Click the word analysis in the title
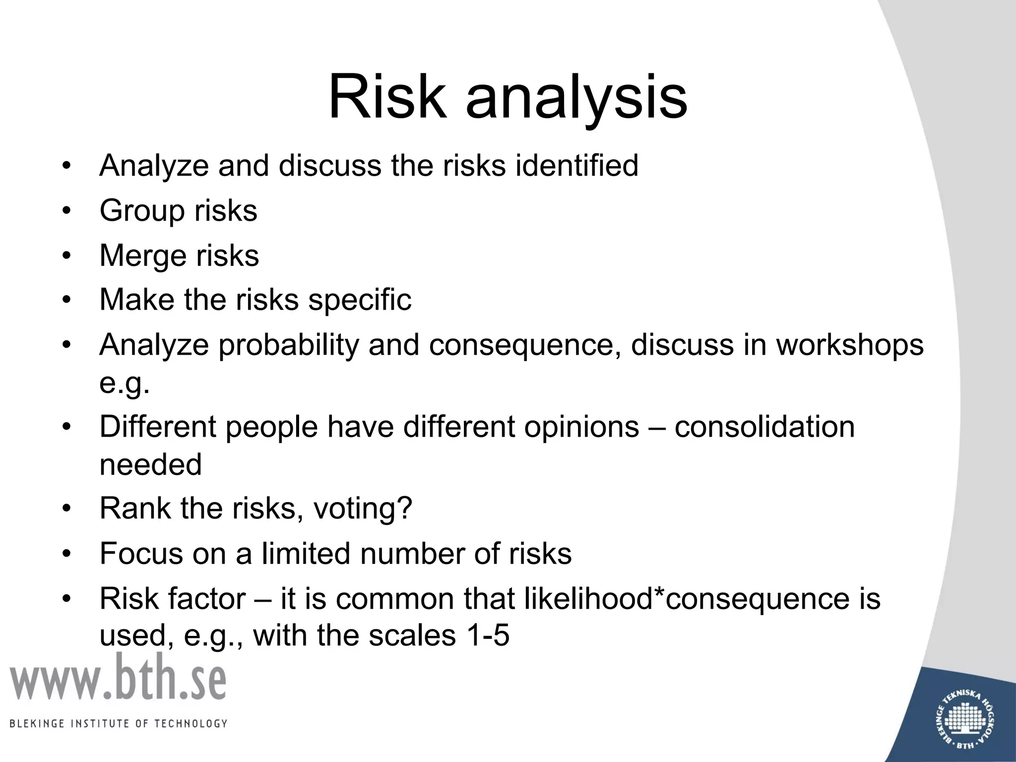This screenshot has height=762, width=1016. point(576,99)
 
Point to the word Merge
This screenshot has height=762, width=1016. point(143,256)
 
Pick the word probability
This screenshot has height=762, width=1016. point(289,346)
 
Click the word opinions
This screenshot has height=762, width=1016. point(581,427)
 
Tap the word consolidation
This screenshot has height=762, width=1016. point(764,427)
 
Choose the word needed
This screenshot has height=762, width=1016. point(151,465)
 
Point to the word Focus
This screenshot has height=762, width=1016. point(141,553)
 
